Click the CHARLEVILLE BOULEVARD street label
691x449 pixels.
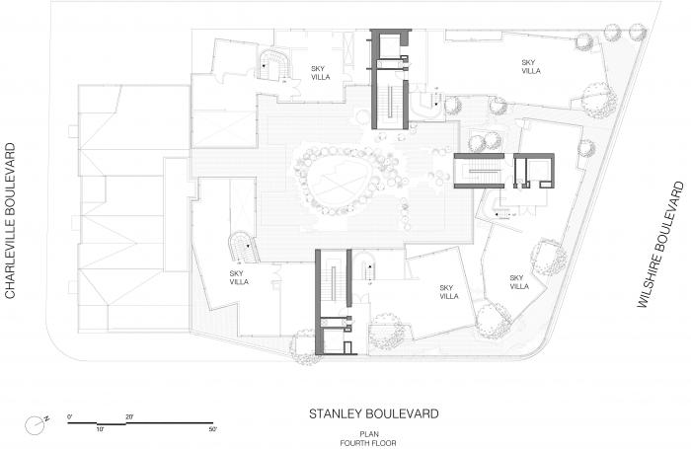click(10, 221)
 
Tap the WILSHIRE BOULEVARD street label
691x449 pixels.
click(660, 245)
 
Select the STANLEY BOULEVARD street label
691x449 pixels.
click(374, 413)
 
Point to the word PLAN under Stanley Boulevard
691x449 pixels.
click(369, 434)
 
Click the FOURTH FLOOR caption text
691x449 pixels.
click(368, 443)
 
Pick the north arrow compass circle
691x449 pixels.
click(34, 426)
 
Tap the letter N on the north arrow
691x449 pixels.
click(46, 418)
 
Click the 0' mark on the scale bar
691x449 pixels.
click(70, 416)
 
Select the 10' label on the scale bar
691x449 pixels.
click(100, 429)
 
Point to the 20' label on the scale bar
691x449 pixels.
click(129, 416)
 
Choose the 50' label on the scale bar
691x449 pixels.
click(213, 429)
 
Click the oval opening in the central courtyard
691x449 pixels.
click(336, 185)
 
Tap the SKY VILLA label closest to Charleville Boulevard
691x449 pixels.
click(239, 277)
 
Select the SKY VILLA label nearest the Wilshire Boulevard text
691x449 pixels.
click(519, 282)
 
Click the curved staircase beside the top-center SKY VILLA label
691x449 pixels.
click(273, 66)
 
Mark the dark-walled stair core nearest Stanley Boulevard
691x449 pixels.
click(334, 302)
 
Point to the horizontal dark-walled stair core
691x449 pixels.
click(504, 171)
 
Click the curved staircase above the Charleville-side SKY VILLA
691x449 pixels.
click(243, 247)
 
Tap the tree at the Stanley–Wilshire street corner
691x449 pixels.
click(494, 320)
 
